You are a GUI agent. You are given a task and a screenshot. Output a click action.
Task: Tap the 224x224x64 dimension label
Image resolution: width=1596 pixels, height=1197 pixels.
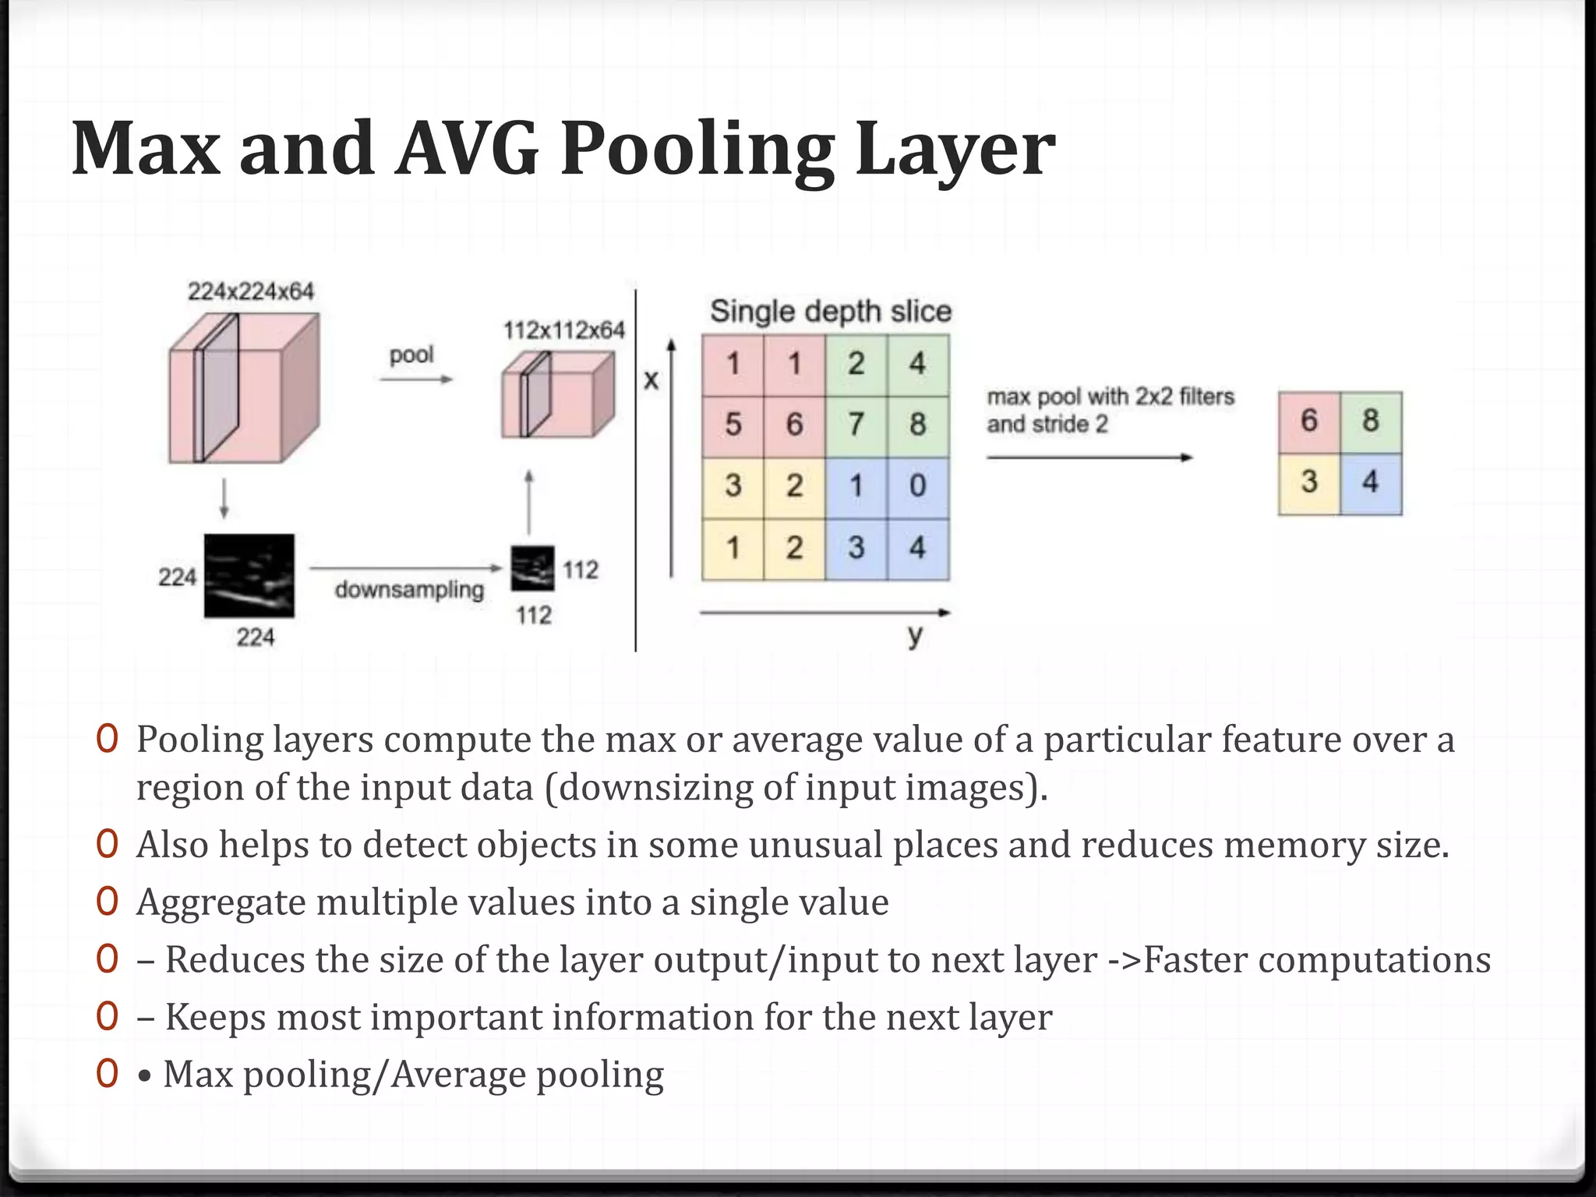pyautogui.click(x=250, y=291)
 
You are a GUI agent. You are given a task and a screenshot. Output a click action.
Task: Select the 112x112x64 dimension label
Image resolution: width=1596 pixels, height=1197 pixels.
pyautogui.click(x=564, y=330)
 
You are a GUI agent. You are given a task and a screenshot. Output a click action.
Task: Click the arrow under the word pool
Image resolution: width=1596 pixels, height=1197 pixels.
pyautogui.click(x=415, y=380)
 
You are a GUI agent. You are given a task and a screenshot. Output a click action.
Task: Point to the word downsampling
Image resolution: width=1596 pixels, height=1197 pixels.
pyautogui.click(x=409, y=590)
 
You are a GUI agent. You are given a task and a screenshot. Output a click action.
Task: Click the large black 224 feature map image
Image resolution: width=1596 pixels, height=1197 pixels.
pyautogui.click(x=249, y=576)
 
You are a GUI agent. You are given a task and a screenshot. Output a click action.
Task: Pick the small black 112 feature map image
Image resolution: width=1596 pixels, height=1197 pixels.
pyautogui.click(x=533, y=569)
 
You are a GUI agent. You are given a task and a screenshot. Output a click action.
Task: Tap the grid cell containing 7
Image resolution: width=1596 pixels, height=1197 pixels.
pyautogui.click(x=856, y=425)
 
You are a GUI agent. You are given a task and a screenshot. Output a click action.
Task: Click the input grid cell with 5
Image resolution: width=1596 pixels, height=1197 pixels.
pyautogui.click(x=733, y=425)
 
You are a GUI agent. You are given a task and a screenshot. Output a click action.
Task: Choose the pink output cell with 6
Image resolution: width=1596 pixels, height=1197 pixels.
pyautogui.click(x=1309, y=422)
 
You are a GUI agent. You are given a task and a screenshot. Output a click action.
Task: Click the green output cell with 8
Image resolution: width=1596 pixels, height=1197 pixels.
pyautogui.click(x=1371, y=422)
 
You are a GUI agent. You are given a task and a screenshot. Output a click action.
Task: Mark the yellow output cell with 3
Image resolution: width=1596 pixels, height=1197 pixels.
pyautogui.click(x=1309, y=482)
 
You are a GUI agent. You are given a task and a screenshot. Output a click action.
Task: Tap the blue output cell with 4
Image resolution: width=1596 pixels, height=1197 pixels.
pyautogui.click(x=1371, y=482)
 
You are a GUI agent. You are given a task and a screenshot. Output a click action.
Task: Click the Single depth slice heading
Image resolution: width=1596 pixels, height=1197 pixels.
pyautogui.click(x=831, y=312)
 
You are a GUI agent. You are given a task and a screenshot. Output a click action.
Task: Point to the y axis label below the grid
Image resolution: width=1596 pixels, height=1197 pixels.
pyautogui.click(x=916, y=635)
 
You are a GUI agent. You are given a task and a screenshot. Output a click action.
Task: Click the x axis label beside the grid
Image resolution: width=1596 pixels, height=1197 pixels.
pyautogui.click(x=651, y=380)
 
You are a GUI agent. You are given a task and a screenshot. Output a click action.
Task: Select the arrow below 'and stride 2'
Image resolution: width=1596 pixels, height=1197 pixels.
pyautogui.click(x=1089, y=457)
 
